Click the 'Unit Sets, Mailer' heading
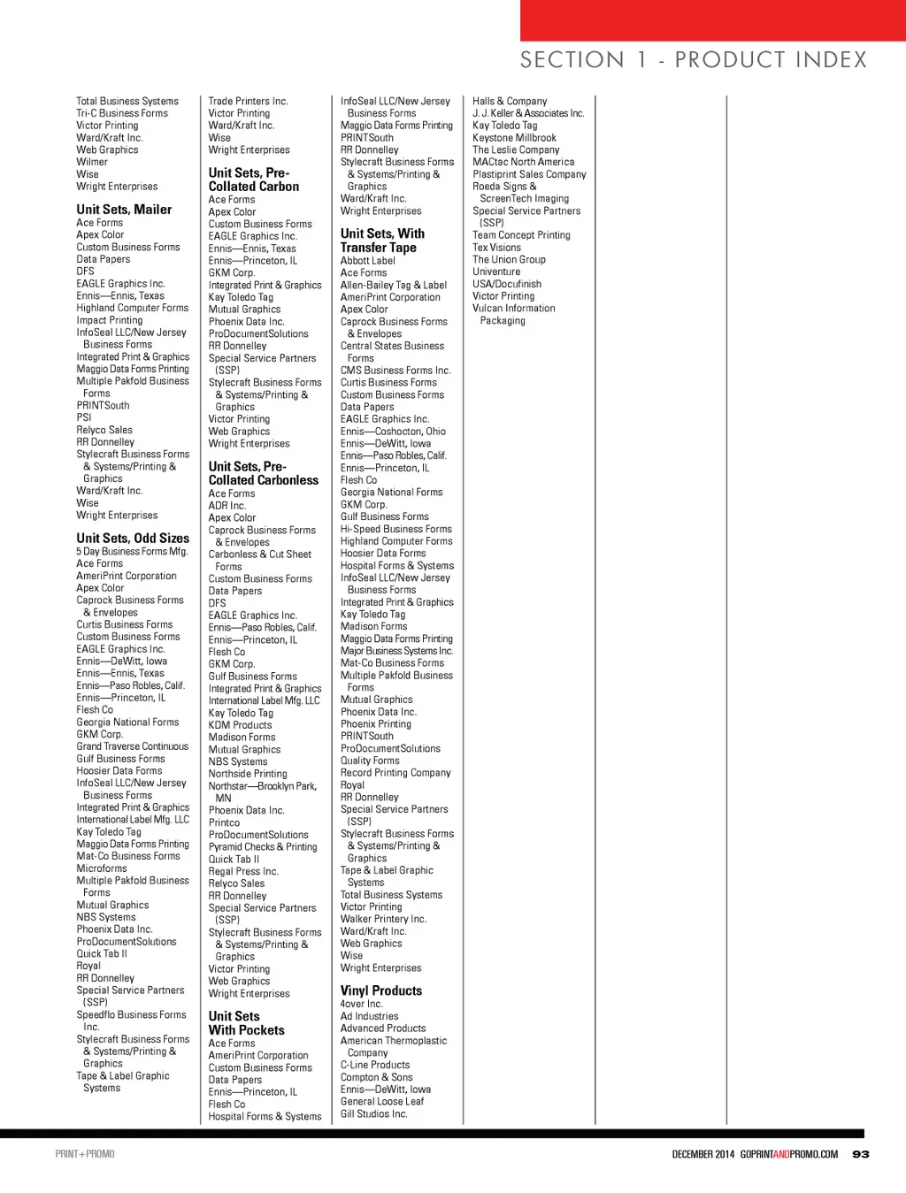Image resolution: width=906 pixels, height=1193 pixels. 124,210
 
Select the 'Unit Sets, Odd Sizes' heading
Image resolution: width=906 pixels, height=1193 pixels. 133,538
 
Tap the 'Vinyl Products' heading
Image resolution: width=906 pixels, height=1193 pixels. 381,990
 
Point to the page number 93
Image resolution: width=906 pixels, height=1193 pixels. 861,1154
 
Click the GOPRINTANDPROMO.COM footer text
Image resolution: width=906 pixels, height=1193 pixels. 789,1154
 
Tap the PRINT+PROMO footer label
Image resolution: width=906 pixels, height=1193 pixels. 85,1154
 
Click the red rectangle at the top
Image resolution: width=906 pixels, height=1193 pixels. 712,20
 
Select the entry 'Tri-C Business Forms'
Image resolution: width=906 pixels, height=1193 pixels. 122,113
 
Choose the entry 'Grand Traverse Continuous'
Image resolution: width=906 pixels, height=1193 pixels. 133,746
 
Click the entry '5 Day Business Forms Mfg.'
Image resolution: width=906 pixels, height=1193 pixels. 132,551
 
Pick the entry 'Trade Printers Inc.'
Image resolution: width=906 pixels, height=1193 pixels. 249,101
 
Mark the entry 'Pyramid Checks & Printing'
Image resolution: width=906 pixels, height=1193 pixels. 263,846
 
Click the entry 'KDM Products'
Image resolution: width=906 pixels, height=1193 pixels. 241,724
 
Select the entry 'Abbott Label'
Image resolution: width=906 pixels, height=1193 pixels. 368,261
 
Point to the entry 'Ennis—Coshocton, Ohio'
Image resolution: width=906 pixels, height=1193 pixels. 394,432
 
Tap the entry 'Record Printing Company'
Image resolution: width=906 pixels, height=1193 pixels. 395,772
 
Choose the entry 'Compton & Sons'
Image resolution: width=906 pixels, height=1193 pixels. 377,1077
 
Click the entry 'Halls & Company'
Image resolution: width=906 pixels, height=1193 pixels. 510,101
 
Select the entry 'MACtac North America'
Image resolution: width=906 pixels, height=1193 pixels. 524,162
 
